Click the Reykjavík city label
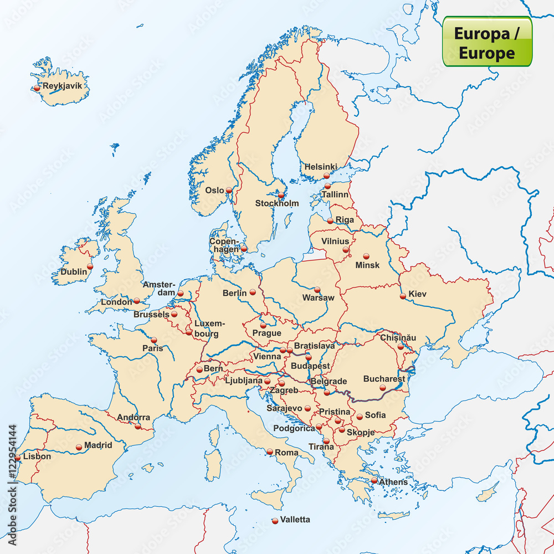62,86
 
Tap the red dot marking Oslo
229,190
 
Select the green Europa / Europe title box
487,41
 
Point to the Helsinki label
320,166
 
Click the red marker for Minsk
366,256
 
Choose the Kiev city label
417,294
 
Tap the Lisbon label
37,456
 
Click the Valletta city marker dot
275,520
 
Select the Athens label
393,482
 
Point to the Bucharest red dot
382,388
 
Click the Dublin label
74,271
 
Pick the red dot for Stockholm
281,195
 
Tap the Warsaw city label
318,297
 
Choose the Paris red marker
153,340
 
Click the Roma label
286,453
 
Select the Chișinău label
398,337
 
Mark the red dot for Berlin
253,292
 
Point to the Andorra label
133,417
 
